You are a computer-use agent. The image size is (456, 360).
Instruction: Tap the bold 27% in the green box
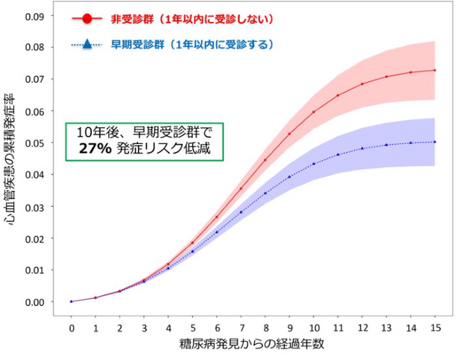90,148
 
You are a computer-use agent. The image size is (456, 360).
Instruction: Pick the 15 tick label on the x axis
435,325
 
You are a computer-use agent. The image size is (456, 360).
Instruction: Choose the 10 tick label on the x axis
313,325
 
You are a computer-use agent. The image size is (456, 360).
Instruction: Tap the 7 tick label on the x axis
240,325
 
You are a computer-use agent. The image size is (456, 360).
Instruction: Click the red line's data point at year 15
435,70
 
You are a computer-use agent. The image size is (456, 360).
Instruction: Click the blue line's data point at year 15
435,142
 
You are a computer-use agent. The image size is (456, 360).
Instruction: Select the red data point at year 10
313,112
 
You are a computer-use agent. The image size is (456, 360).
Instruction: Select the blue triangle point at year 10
313,163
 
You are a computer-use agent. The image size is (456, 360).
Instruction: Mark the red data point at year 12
362,84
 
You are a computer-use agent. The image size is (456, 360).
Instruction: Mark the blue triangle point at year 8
265,193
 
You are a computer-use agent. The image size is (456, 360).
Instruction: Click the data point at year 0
71,301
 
